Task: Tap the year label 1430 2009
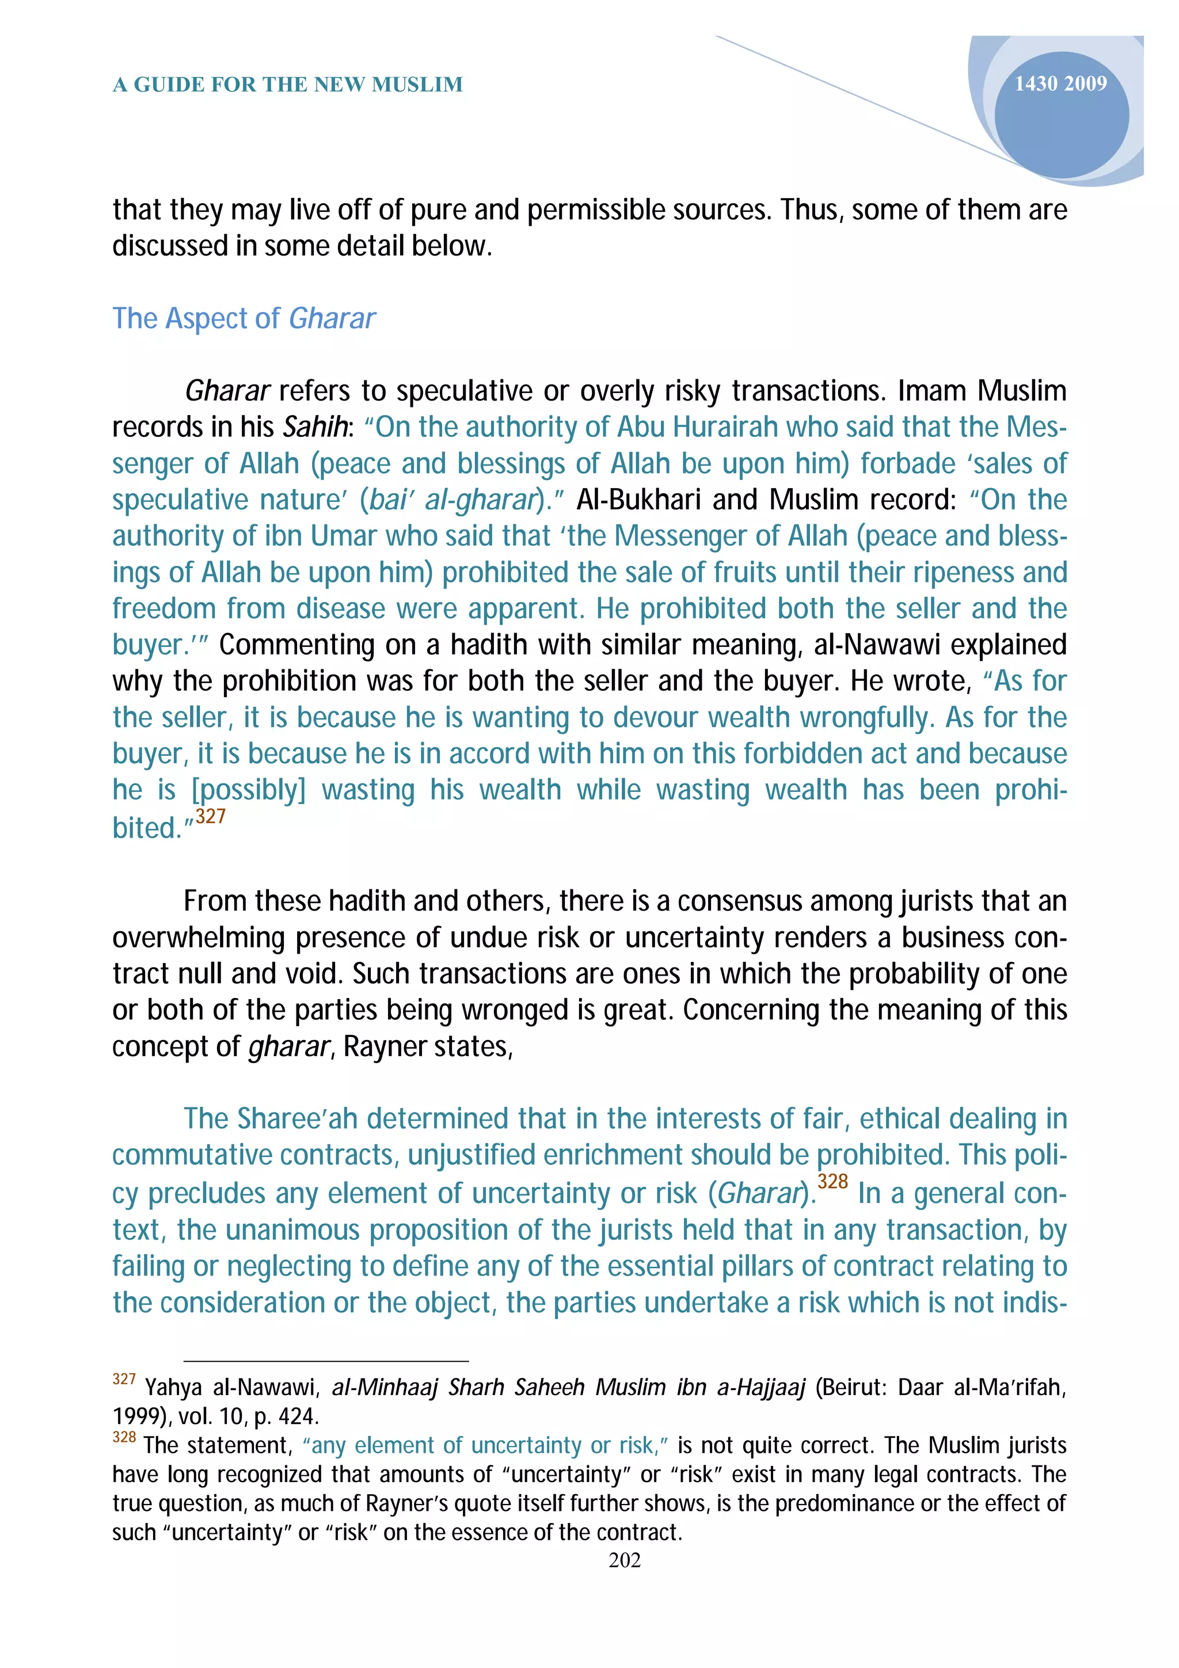[x=1060, y=83]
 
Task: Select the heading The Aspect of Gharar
[x=244, y=318]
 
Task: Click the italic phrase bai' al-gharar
[x=452, y=500]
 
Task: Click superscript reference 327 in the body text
[x=211, y=817]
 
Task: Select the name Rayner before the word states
[x=385, y=1046]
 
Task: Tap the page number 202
[x=625, y=1560]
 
